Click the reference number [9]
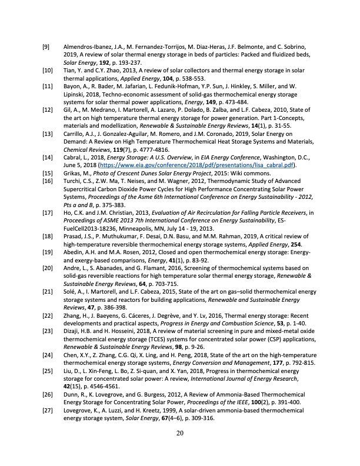coord(45,46)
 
